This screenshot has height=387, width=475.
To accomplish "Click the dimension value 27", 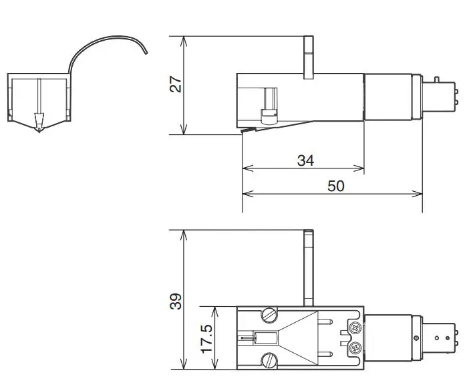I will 175,84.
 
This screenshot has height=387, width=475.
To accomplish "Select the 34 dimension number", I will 305,160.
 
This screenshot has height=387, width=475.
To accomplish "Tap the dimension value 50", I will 336,186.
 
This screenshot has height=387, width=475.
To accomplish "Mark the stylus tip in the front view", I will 39,129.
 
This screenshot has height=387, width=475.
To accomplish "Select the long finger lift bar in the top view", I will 308,267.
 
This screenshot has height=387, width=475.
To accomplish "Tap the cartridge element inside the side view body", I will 269,107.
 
